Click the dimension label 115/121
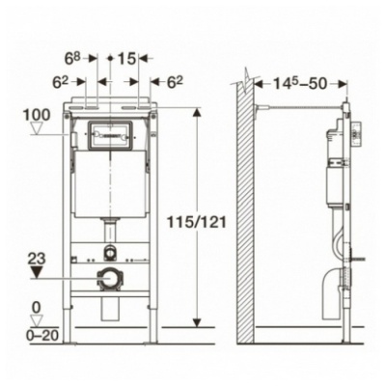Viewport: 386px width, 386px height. (x=197, y=222)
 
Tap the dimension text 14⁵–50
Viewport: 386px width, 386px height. (x=300, y=83)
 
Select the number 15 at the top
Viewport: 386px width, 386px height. (x=126, y=59)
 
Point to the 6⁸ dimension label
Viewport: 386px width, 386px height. (x=72, y=58)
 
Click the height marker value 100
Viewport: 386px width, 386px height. (x=37, y=115)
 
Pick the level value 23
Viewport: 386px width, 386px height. (x=37, y=259)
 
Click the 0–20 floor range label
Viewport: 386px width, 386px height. (x=42, y=336)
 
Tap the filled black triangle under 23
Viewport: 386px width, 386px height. (x=37, y=272)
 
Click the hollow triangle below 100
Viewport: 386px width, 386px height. (x=37, y=128)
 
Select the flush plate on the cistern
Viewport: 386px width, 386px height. (x=110, y=136)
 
